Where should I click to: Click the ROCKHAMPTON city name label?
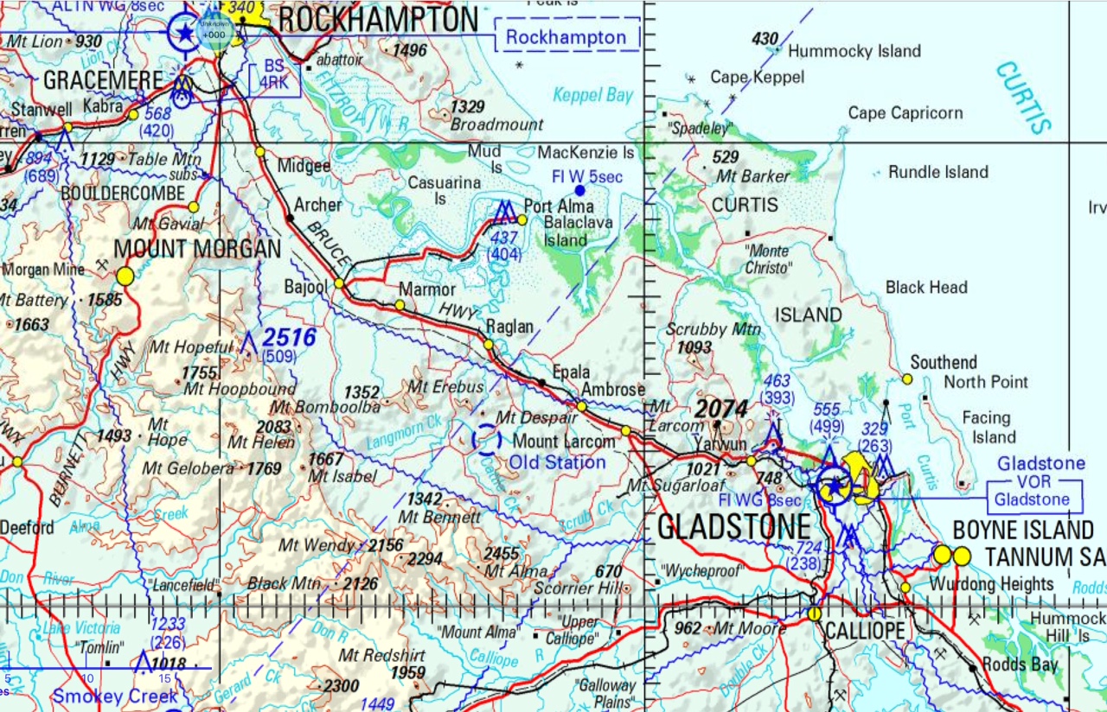pos(378,20)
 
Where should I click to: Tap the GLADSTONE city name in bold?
pos(734,526)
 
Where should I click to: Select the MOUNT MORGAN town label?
pos(198,250)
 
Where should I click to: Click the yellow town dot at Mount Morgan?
pos(125,277)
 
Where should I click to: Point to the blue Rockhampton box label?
pos(566,38)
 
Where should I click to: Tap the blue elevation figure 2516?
pos(289,337)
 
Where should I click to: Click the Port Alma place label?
pos(559,207)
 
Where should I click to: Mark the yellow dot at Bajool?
pos(339,283)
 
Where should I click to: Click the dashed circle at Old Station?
pos(486,440)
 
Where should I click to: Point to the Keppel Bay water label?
pos(593,95)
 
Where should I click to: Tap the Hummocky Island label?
pos(854,52)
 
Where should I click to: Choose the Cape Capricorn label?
pos(905,113)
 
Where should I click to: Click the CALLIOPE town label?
pos(864,632)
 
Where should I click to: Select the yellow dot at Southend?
pos(907,378)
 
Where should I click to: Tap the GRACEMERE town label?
pos(103,81)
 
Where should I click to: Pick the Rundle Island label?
pos(937,172)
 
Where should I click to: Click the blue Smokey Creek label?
pos(115,696)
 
